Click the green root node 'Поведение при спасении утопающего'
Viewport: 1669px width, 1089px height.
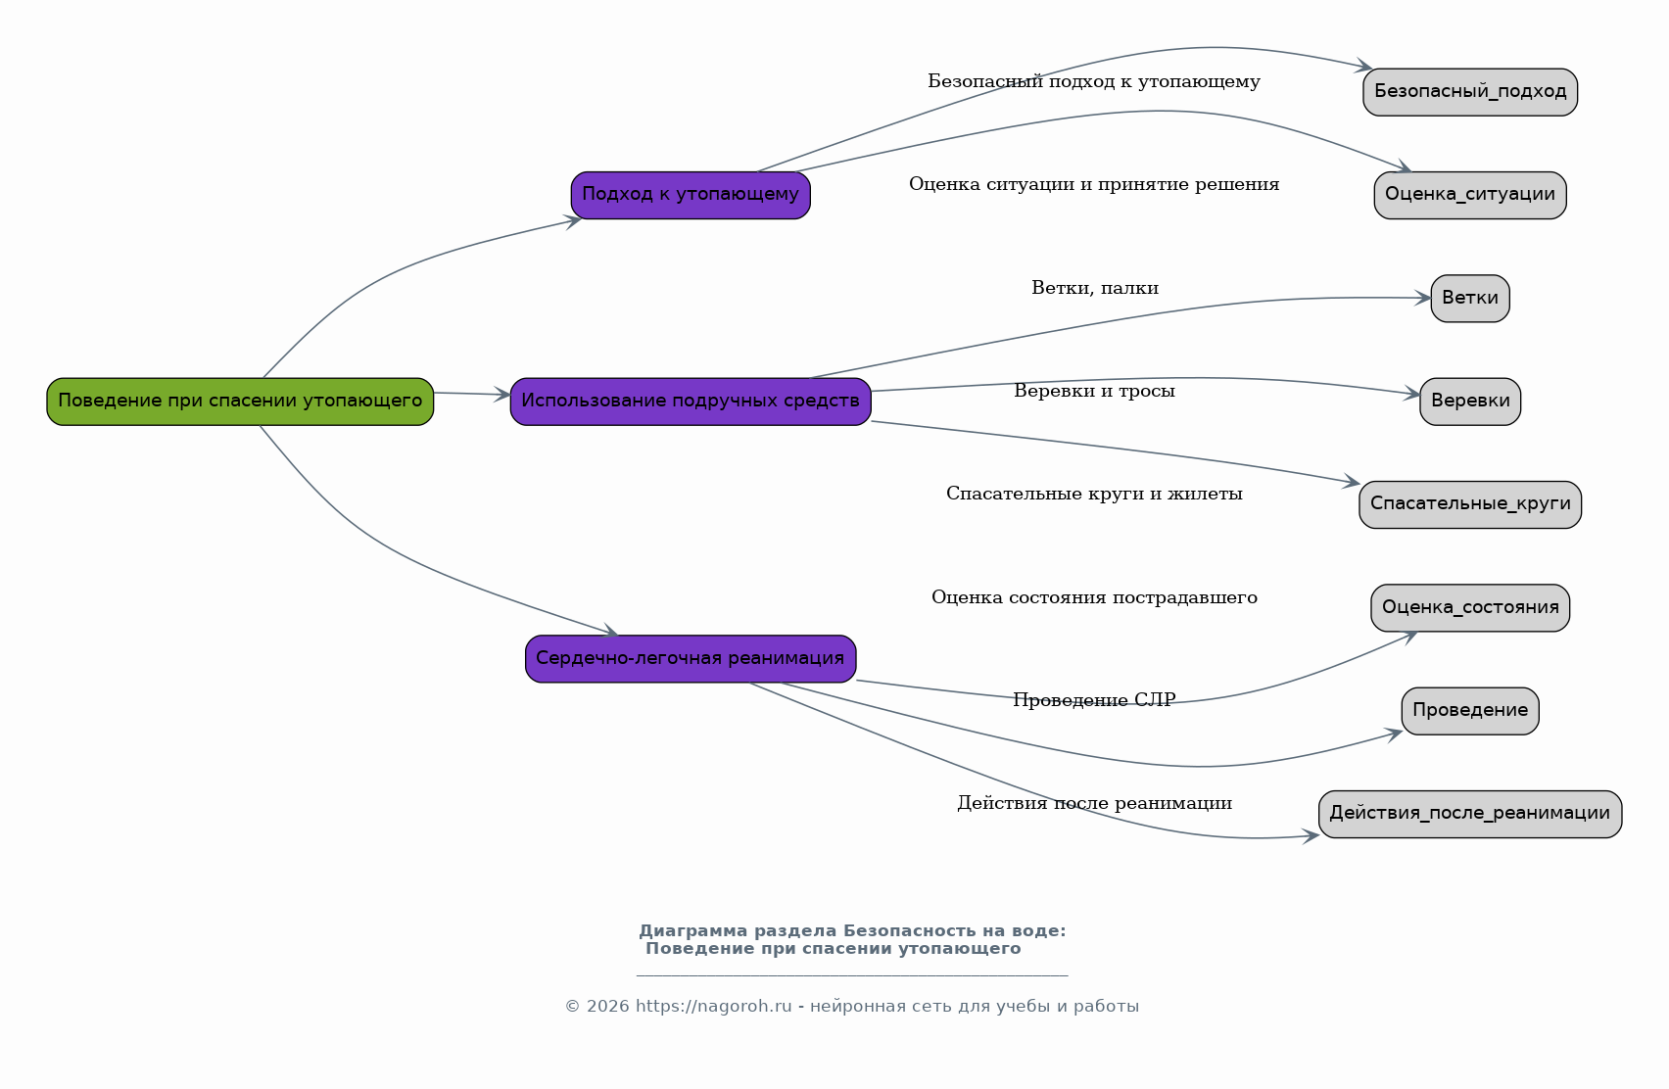(x=240, y=402)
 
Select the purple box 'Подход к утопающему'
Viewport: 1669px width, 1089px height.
(x=691, y=195)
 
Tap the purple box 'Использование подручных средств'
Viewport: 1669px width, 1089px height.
(x=691, y=402)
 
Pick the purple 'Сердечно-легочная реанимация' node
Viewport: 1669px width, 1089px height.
(x=691, y=659)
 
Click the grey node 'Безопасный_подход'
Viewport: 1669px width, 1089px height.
(x=1470, y=92)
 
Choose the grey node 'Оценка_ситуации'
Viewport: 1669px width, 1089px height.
(x=1470, y=195)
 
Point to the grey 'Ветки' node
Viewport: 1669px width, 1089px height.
(x=1470, y=299)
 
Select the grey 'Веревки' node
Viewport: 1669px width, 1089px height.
(x=1470, y=402)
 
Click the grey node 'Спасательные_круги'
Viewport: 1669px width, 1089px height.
(x=1470, y=505)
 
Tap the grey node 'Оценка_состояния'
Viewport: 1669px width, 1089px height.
(x=1470, y=608)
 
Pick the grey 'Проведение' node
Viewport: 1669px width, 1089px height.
(x=1470, y=711)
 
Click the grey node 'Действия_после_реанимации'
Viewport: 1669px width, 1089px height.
(x=1470, y=814)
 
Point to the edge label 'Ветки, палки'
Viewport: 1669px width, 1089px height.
(x=1094, y=288)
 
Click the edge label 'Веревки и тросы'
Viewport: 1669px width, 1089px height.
(x=1094, y=391)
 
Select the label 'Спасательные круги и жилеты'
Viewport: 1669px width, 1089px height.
(x=1094, y=494)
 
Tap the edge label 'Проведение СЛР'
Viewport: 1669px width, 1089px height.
(x=1094, y=700)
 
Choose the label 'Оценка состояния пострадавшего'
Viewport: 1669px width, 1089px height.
(x=1094, y=597)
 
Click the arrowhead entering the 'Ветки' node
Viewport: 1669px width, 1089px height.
(x=1421, y=299)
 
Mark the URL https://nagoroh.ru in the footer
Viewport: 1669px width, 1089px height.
(x=714, y=1007)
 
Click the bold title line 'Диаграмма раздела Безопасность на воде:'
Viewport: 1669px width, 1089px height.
(x=852, y=931)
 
